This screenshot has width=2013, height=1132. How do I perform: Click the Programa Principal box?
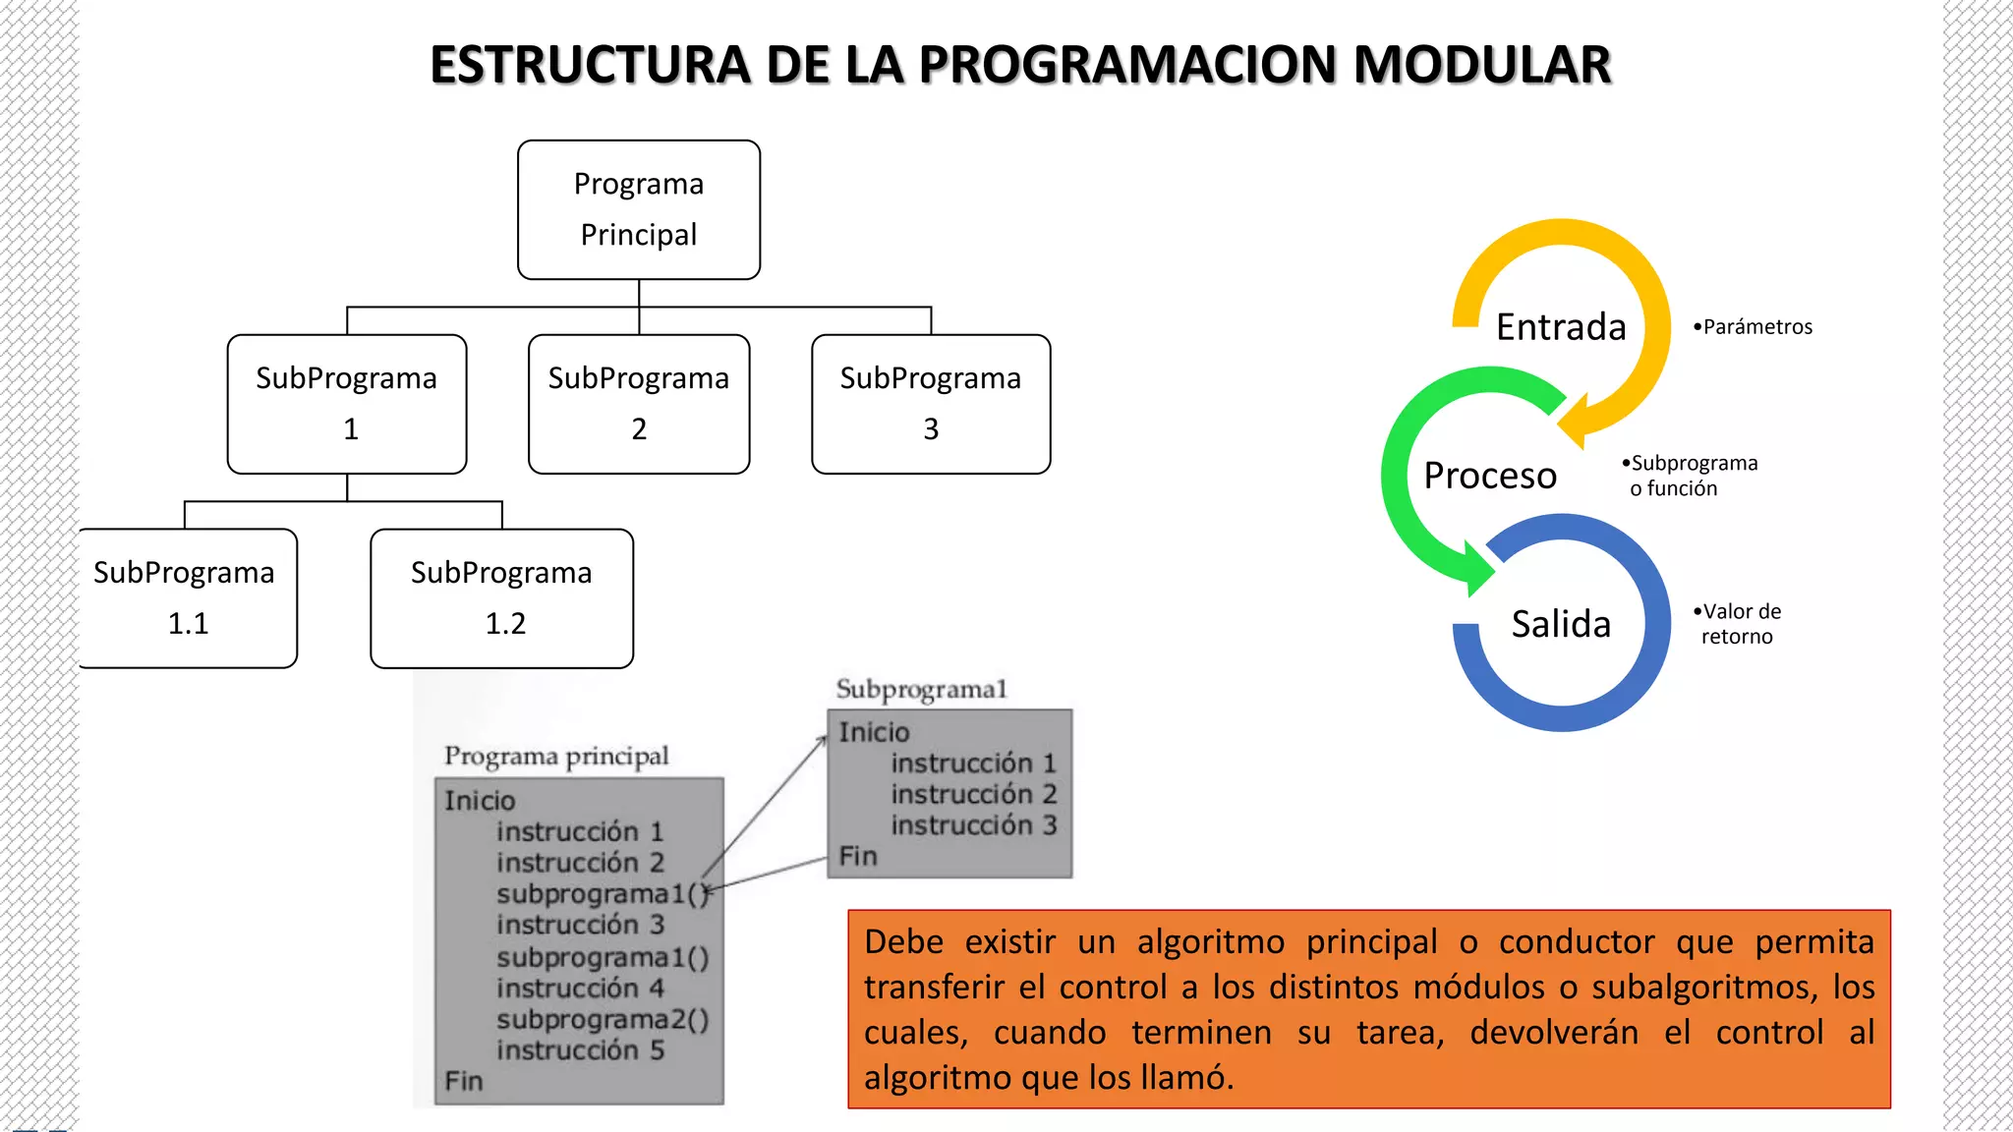pos(639,209)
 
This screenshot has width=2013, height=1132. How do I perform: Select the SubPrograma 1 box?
pos(347,404)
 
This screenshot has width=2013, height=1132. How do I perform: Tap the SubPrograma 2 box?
pos(639,404)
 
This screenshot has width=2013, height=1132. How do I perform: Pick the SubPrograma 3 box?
pos(931,404)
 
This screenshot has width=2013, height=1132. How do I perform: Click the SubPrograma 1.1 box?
pos(187,597)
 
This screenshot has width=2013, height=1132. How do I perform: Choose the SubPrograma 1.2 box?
pos(501,597)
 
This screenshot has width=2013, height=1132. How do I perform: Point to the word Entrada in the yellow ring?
pos(1561,326)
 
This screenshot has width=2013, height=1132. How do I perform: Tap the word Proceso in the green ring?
pos(1490,476)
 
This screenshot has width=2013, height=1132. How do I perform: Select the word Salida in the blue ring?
pos(1561,624)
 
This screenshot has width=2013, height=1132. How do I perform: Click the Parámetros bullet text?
pos(1754,327)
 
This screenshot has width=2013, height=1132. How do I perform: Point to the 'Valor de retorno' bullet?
pos(1739,624)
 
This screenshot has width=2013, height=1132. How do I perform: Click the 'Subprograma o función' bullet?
pos(1691,476)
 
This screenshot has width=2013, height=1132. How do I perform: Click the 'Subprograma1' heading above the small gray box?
pos(921,689)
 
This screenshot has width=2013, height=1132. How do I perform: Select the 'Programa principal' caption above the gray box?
pos(556,756)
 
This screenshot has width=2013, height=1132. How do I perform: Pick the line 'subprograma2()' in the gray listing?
pos(602,1020)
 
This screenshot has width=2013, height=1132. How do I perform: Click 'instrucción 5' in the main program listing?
pos(580,1050)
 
